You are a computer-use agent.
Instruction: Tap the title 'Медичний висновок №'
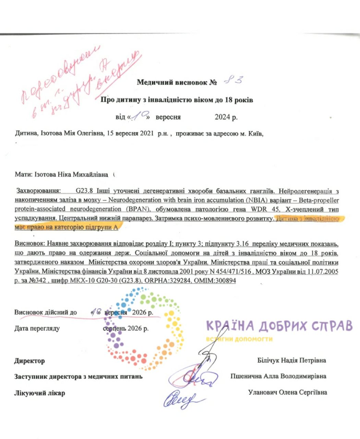point(177,82)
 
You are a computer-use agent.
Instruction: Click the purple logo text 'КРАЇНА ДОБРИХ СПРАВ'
point(279,325)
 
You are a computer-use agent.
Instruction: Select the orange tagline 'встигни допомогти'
point(239,339)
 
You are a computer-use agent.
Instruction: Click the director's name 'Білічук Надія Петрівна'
point(291,360)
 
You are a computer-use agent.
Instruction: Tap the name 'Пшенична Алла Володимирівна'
point(278,376)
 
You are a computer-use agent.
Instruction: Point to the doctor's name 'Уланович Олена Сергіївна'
point(287,392)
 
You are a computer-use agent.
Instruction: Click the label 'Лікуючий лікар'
point(39,393)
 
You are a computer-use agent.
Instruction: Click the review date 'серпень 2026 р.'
point(126,328)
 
